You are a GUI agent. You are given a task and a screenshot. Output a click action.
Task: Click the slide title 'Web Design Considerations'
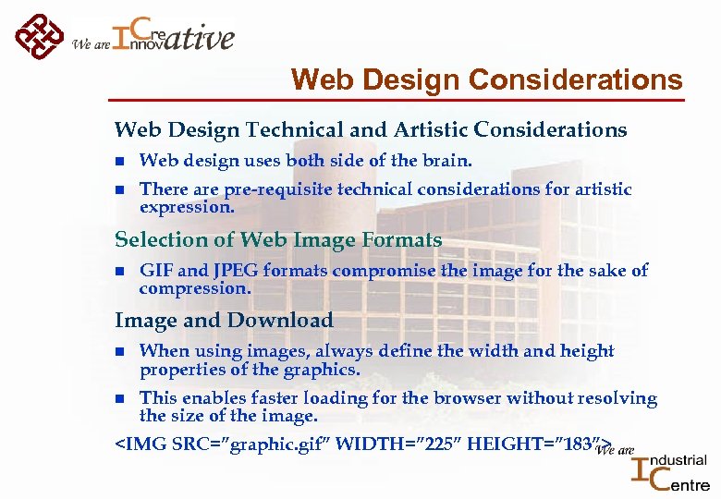[x=486, y=80]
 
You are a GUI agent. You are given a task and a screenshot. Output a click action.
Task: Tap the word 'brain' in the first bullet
[x=446, y=161]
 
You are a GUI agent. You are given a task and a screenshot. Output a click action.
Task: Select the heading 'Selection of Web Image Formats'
[x=278, y=240]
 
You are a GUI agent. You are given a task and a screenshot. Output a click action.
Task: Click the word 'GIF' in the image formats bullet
[x=155, y=271]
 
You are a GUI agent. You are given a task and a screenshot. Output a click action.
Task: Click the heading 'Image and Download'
[x=224, y=321]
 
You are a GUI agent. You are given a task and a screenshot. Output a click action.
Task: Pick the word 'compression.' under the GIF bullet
[x=194, y=288]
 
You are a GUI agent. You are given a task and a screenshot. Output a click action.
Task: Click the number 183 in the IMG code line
[x=573, y=445]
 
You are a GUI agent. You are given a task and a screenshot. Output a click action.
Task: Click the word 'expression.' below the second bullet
[x=187, y=207]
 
